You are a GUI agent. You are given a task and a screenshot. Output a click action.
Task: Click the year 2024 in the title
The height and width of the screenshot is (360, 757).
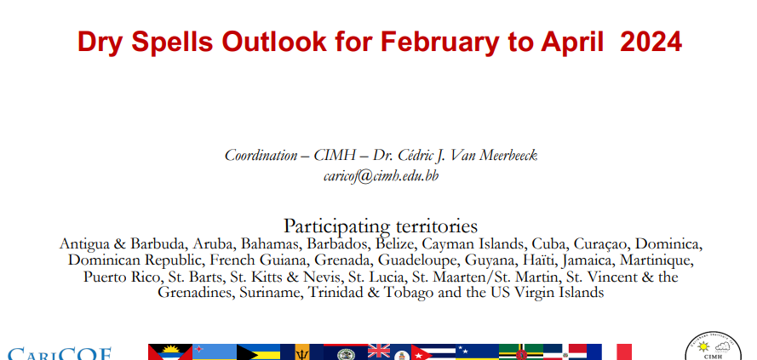click(651, 41)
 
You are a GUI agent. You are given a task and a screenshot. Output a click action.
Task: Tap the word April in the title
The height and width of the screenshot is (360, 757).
click(572, 43)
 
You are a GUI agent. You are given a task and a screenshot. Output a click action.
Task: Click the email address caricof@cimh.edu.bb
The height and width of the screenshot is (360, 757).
click(381, 176)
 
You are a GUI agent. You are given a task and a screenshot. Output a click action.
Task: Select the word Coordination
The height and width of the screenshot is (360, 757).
click(261, 156)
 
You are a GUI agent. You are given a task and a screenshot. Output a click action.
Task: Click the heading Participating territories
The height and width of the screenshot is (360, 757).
click(381, 226)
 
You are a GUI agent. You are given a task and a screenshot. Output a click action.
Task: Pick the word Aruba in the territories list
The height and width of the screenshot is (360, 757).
click(212, 243)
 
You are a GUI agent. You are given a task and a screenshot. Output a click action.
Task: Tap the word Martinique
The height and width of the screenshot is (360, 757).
click(657, 261)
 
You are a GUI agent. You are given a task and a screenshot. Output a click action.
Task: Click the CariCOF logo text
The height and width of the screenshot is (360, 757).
click(60, 354)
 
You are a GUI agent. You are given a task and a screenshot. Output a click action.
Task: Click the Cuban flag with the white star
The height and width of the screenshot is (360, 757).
click(433, 351)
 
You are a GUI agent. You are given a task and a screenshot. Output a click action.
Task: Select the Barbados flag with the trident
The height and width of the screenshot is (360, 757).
click(301, 351)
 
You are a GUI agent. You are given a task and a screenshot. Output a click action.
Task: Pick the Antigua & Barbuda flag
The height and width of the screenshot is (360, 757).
click(170, 351)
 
